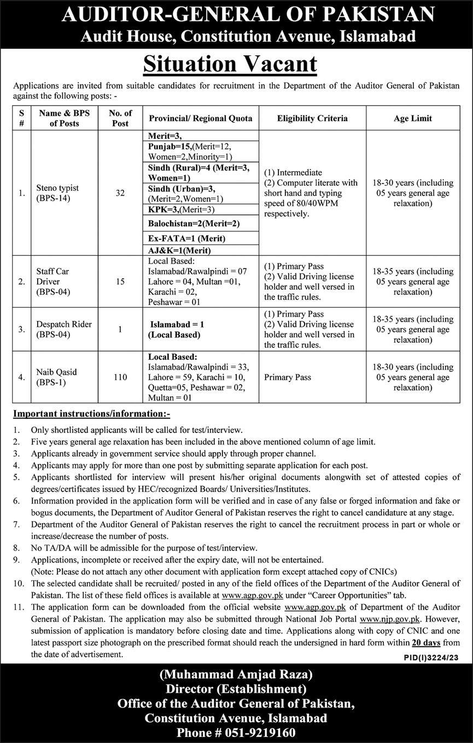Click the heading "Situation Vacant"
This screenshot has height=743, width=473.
(x=230, y=64)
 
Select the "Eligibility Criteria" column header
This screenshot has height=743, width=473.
(x=312, y=118)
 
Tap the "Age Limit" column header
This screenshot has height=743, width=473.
(x=413, y=118)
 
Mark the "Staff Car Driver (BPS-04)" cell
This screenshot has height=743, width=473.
(x=54, y=282)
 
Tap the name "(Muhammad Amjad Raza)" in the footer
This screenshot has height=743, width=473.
(x=236, y=674)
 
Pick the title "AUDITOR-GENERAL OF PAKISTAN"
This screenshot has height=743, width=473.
(x=248, y=14)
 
